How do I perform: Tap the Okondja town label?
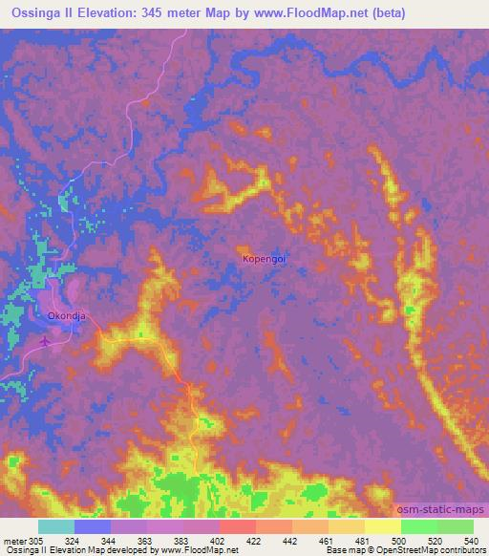pyautogui.click(x=66, y=312)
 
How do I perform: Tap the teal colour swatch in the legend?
pyautogui.click(x=56, y=526)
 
